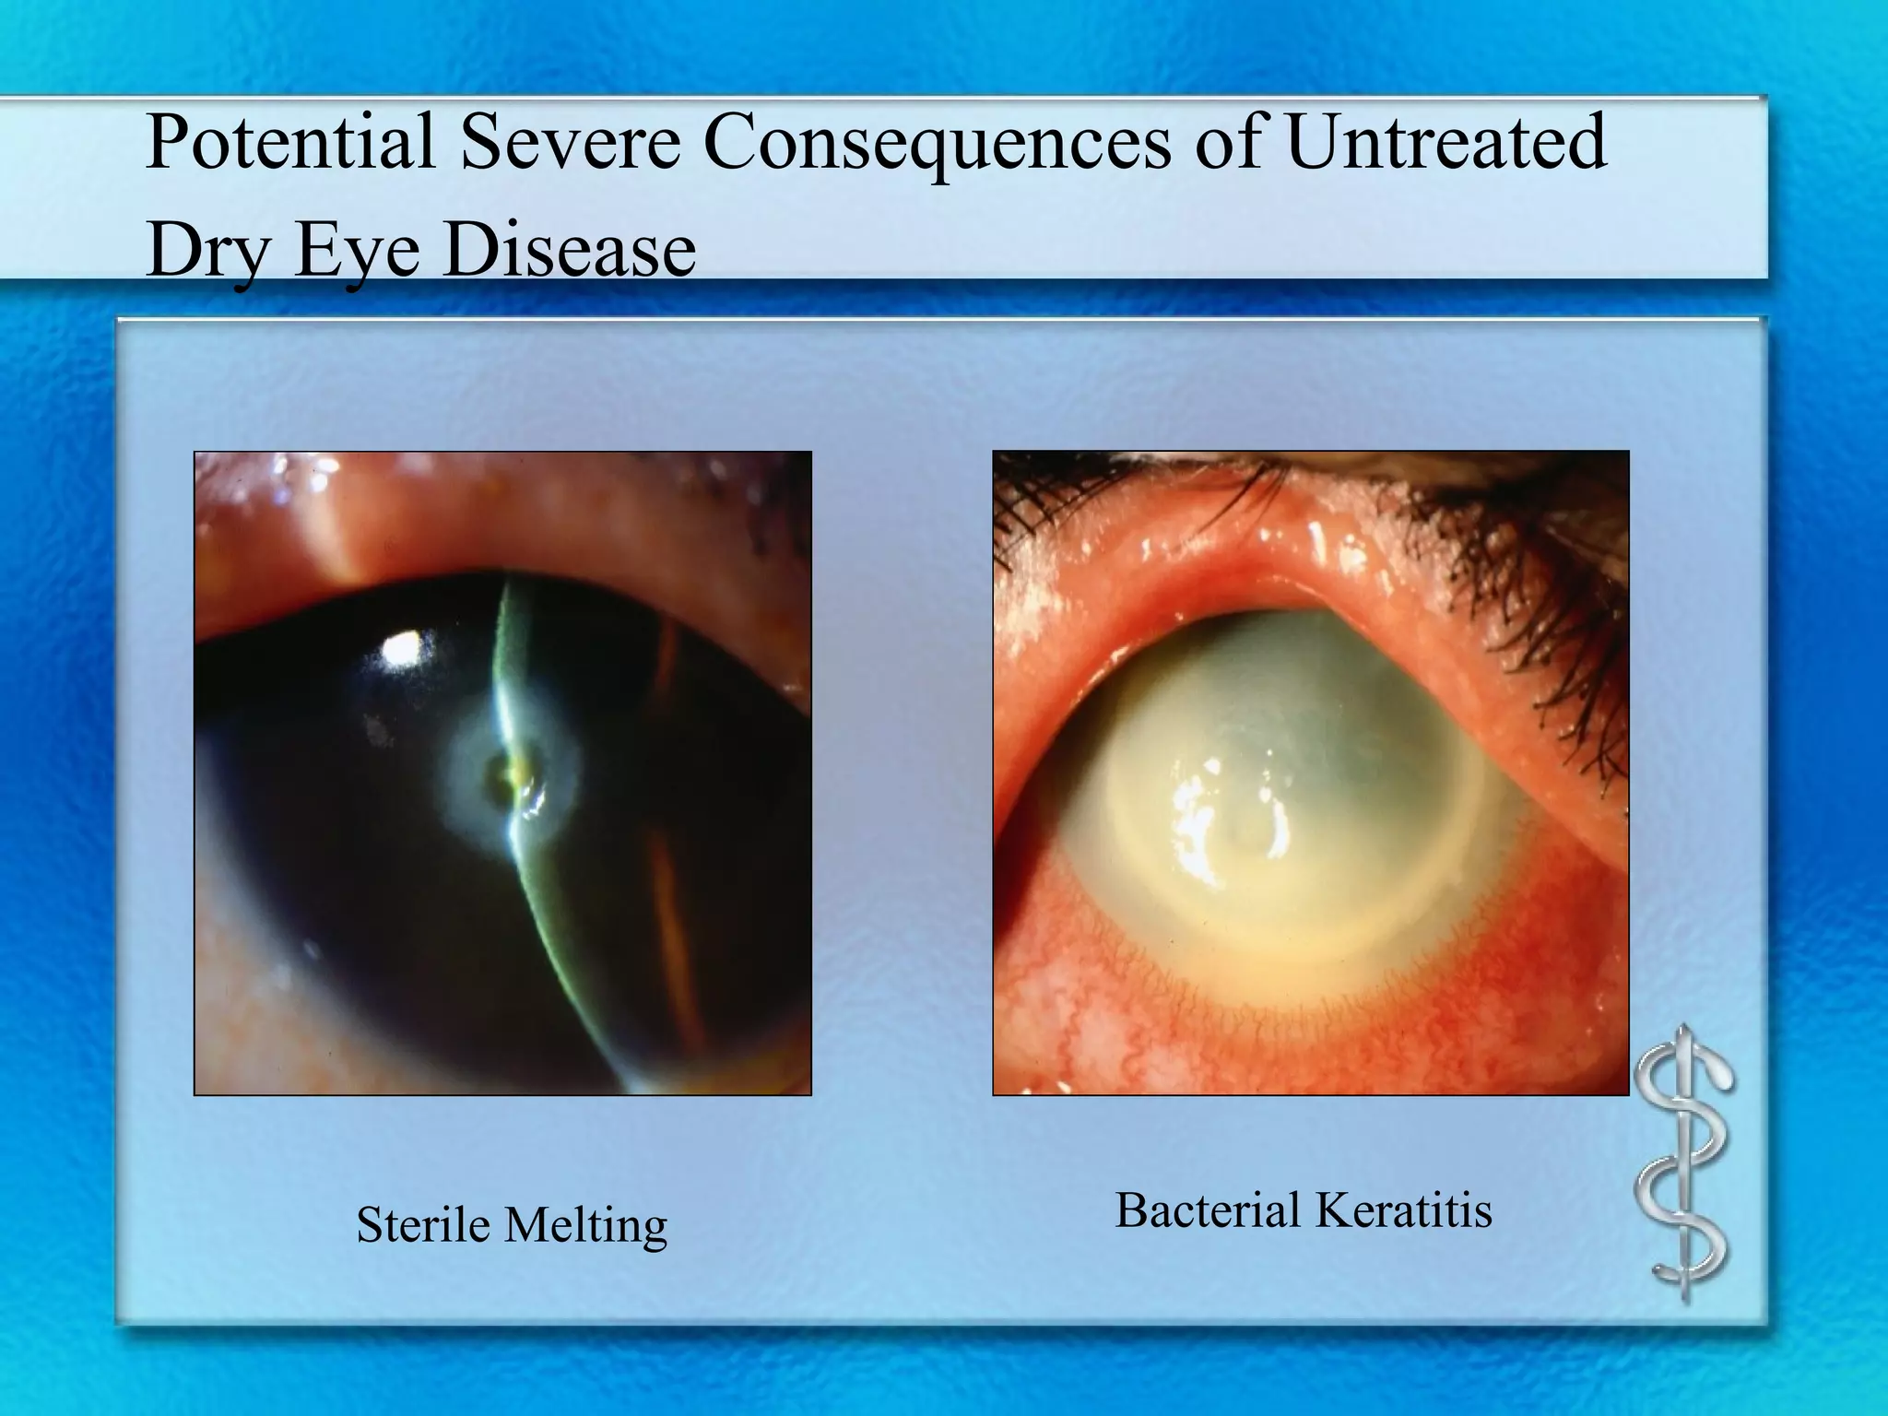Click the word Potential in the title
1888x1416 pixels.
290,143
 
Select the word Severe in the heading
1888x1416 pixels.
570,143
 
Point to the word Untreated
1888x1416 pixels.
1445,143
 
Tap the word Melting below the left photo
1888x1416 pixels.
586,1227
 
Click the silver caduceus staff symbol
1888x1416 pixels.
1684,1163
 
